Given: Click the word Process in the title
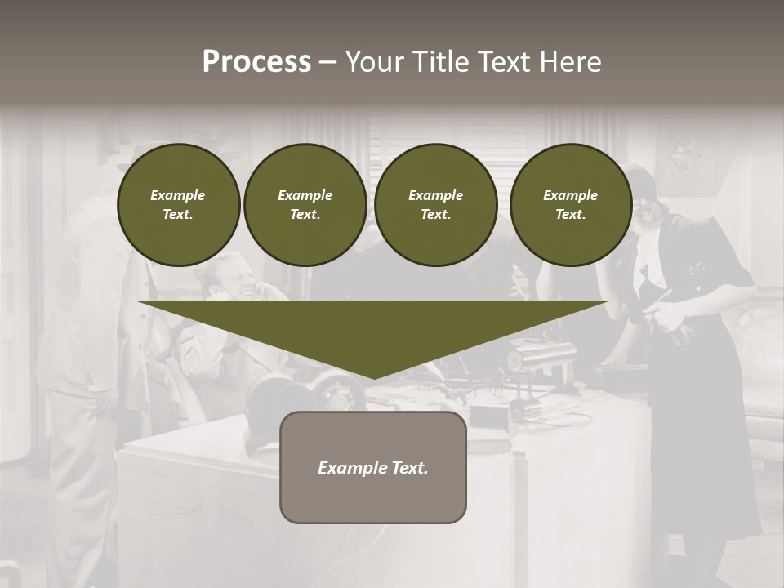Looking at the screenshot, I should pyautogui.click(x=256, y=62).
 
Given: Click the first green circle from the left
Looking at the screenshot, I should pyautogui.click(x=178, y=205).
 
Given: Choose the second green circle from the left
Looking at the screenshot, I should pyautogui.click(x=305, y=205).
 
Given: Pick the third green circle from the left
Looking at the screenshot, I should pyautogui.click(x=435, y=205).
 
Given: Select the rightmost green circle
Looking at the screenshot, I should pyautogui.click(x=570, y=205).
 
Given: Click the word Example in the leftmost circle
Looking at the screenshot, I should pyautogui.click(x=178, y=195).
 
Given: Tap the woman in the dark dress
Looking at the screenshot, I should pyautogui.click(x=694, y=343).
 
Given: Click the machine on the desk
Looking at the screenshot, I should pyautogui.click(x=539, y=359).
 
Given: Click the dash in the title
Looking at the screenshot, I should pyautogui.click(x=327, y=62).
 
